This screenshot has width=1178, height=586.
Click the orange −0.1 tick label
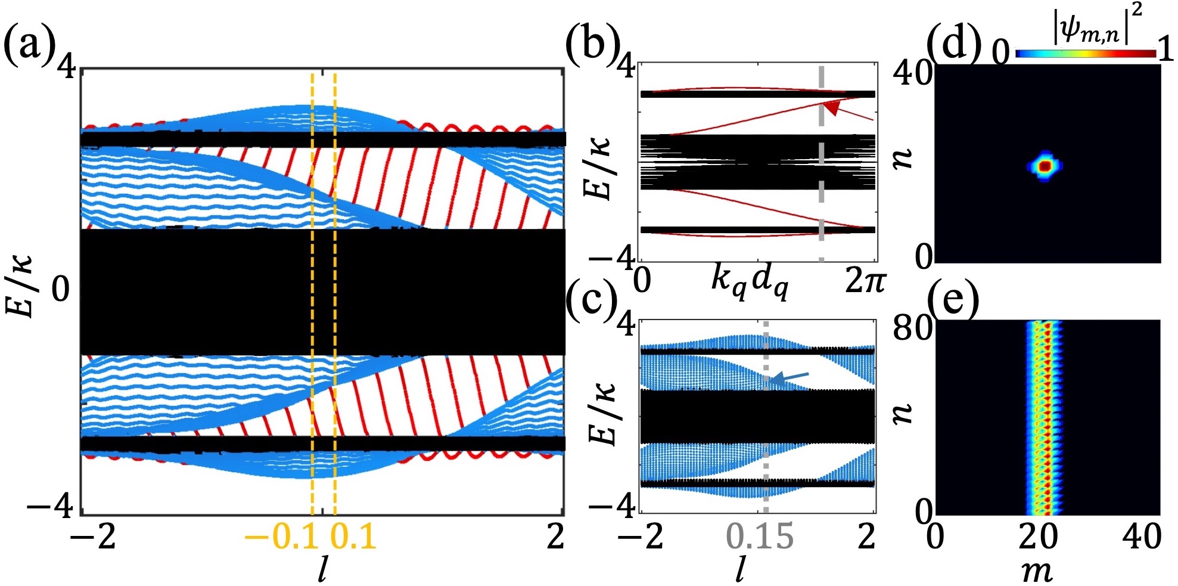(281, 537)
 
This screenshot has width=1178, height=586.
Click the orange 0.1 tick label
(353, 537)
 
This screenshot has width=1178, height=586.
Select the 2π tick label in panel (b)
(865, 280)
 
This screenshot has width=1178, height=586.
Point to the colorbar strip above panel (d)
(1086, 54)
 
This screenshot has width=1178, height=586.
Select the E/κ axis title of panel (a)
(23, 286)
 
